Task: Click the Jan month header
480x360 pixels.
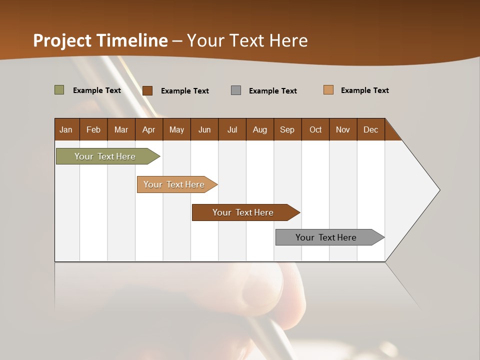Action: coord(66,129)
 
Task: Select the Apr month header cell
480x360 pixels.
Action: coord(149,129)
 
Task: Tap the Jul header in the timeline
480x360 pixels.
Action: coord(232,129)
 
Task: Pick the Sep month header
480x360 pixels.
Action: coord(287,129)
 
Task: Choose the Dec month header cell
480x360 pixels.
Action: coord(371,129)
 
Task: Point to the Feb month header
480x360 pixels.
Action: coord(93,129)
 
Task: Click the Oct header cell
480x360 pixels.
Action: coord(315,129)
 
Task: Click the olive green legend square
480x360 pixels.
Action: coord(59,90)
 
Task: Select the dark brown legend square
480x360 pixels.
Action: coord(147,90)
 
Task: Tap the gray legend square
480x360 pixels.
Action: coord(236,90)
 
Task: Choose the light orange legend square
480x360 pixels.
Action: coord(328,90)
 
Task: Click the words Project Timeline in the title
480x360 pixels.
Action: coord(100,40)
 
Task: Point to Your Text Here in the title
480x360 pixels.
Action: coord(247,40)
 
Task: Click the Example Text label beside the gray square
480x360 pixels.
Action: coord(273,91)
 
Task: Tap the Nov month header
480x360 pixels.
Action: coord(343,129)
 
